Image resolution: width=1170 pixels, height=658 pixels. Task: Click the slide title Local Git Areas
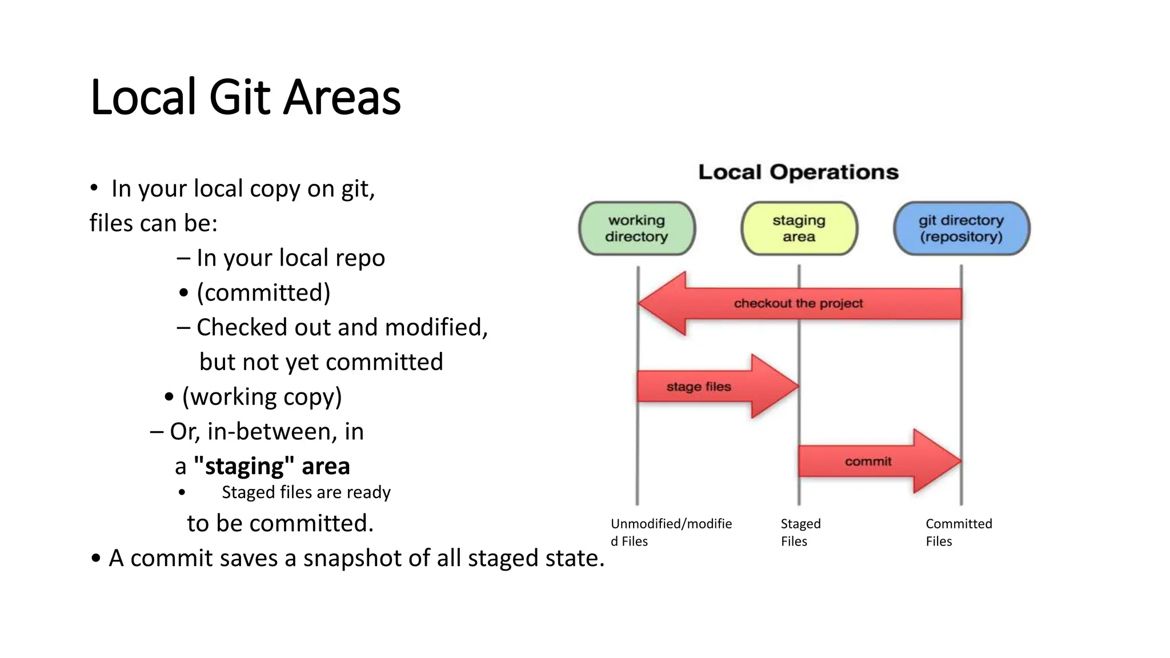tap(246, 97)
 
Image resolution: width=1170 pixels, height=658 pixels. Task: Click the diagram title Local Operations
tap(798, 172)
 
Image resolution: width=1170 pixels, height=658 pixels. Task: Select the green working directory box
tap(636, 228)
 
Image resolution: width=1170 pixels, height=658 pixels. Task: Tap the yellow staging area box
tap(799, 228)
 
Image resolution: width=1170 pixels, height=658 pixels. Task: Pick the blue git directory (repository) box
tap(961, 228)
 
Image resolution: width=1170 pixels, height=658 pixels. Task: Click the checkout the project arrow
tap(798, 303)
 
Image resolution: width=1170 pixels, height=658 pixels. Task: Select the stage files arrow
tap(708, 387)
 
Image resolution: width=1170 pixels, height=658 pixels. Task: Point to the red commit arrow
tap(874, 461)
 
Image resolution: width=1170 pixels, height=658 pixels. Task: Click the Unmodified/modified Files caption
tap(671, 532)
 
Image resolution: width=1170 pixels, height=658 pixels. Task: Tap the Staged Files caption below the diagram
tap(800, 532)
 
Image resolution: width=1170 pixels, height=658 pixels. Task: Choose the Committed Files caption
tap(959, 532)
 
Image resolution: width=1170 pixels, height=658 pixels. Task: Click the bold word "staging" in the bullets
tap(239, 466)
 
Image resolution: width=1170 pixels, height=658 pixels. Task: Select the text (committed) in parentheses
tap(263, 292)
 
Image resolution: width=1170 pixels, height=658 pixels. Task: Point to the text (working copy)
tap(262, 396)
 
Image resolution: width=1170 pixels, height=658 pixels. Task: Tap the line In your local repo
tap(290, 258)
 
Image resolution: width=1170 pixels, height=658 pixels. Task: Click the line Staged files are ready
tap(306, 492)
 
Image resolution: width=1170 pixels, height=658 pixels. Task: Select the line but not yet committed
tap(321, 362)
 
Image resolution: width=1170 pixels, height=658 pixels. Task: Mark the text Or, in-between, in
tap(266, 431)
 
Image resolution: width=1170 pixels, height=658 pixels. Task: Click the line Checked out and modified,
tap(342, 327)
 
